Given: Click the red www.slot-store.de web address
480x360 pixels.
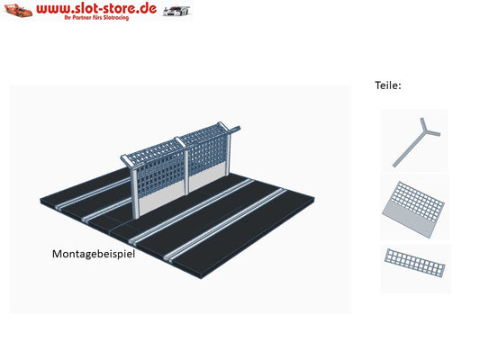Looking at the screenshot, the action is click(x=96, y=8).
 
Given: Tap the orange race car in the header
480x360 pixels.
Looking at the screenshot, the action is click(x=18, y=11).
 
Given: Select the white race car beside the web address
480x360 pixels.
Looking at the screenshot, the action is click(x=177, y=11).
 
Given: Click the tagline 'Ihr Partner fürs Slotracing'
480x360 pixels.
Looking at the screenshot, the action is click(x=96, y=18).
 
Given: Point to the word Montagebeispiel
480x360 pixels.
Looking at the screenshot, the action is click(x=94, y=254).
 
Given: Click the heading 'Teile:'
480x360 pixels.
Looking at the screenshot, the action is click(x=388, y=85).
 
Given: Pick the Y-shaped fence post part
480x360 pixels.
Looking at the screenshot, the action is click(x=416, y=142).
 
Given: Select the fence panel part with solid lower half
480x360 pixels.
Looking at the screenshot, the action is click(x=413, y=209).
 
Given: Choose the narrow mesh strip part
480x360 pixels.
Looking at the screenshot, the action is click(x=414, y=263).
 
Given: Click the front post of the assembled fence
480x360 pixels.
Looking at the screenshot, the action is click(x=135, y=191).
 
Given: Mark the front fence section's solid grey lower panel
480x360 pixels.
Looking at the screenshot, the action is click(x=161, y=200).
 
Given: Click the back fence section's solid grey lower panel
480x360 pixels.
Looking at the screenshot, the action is click(x=207, y=180).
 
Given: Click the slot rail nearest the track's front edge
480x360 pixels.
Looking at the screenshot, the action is click(x=225, y=225).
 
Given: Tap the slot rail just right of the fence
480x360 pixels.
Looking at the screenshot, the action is click(x=191, y=211).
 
